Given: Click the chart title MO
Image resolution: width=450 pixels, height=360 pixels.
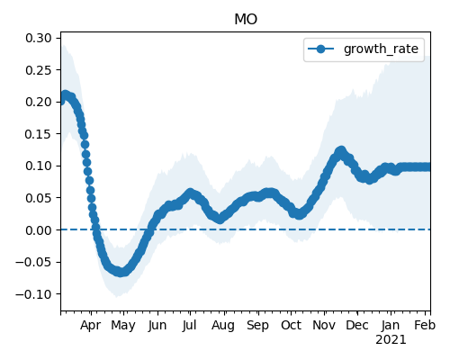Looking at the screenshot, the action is tap(246, 20).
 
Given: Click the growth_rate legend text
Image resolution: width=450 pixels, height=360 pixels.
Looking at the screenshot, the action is tap(381, 49).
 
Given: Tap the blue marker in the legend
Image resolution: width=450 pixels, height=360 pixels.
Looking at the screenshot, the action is tap(320, 49).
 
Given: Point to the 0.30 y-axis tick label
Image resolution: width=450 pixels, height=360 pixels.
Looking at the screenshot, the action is tap(39, 38).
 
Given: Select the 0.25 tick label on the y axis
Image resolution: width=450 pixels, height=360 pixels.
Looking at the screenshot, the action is tap(39, 70).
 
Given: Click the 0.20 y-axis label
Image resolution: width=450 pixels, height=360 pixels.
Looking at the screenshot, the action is tap(39, 102).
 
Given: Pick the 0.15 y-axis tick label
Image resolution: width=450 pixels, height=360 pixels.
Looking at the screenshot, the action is tap(39, 134).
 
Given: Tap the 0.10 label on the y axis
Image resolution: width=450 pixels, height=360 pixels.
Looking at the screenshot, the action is tap(39, 166).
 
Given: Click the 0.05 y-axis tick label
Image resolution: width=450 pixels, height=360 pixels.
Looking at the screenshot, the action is tap(39, 198).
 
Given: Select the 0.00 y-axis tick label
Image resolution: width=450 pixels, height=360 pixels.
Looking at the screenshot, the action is tap(39, 230).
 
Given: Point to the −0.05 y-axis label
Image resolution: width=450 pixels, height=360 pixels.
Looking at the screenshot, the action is tap(33, 262).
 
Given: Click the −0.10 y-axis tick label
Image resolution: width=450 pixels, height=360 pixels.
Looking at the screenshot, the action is tap(33, 294).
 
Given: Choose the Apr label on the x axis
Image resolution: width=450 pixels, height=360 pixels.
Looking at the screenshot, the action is tap(90, 326).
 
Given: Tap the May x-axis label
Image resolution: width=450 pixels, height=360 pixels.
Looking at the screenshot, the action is tap(123, 326).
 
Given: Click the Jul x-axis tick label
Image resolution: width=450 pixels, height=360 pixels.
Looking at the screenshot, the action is tap(189, 325).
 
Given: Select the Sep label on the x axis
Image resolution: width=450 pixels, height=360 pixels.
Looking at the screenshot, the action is tap(257, 326).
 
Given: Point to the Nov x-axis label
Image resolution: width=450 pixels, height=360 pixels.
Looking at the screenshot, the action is tap(324, 325).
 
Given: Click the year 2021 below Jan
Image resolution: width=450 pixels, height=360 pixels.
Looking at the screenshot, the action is tap(391, 340).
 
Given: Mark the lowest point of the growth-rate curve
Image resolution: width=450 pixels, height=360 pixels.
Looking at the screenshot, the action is tap(121, 272).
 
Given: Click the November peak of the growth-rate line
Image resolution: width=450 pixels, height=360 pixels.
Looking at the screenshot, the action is tap(341, 151).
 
